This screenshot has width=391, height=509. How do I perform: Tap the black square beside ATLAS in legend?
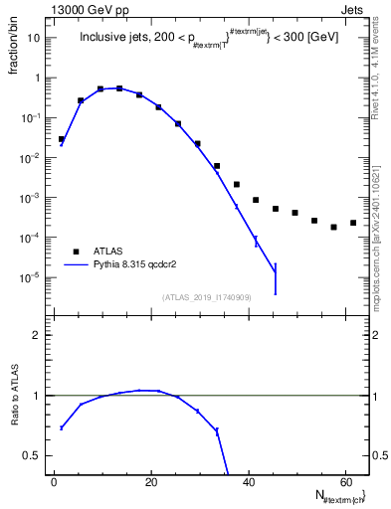click(x=75, y=251)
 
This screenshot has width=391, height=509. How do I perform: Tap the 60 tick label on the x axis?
click(x=345, y=481)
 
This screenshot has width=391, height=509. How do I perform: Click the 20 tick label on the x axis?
click(x=150, y=481)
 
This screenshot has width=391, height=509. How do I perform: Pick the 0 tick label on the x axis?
click(x=54, y=481)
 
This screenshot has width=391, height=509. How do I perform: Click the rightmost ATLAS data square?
click(x=353, y=223)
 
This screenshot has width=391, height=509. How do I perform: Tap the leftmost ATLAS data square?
click(x=62, y=139)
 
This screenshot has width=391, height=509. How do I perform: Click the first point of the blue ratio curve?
click(x=62, y=427)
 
